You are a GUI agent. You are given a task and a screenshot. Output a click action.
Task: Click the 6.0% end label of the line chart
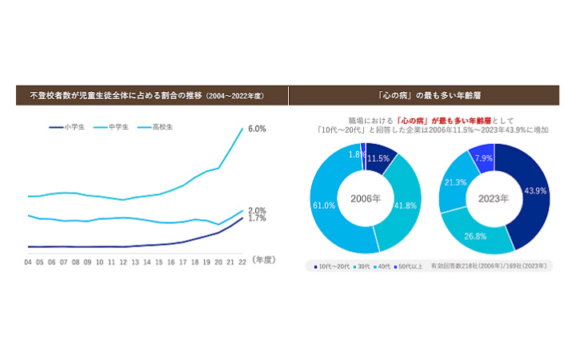coord(257,128)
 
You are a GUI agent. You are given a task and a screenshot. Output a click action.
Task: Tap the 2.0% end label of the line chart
coord(257,210)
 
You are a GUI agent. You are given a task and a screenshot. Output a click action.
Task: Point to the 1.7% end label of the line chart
coord(257,218)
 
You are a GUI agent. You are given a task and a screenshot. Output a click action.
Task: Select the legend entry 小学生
coord(66,127)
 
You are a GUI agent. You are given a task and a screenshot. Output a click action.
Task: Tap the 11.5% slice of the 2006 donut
coord(378,158)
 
